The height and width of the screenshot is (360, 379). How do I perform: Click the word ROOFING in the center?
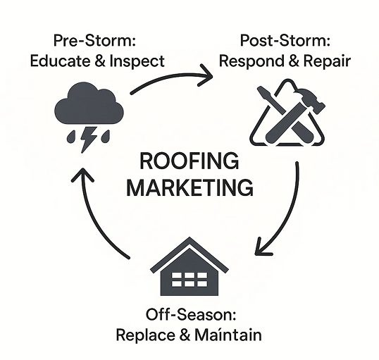[x=189, y=161]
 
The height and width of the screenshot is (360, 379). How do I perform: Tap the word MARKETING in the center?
[x=189, y=187]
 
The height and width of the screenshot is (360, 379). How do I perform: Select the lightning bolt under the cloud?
[x=88, y=139]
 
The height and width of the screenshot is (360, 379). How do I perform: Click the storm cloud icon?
[x=89, y=104]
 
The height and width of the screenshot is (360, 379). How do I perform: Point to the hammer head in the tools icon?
[x=311, y=100]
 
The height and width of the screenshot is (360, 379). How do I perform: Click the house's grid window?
[x=189, y=279]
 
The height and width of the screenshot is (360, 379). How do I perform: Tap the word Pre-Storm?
[x=94, y=40]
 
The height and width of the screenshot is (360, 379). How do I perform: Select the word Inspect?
[x=137, y=61]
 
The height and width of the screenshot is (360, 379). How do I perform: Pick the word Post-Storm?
[x=285, y=40]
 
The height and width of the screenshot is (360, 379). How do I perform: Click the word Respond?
[x=251, y=61]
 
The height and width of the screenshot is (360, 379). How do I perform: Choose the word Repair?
[x=327, y=61]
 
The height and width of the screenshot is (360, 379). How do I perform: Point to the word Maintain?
[x=228, y=335]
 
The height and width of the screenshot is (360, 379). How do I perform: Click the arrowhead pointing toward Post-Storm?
[x=207, y=75]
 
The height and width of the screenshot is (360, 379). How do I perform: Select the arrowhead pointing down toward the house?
[x=261, y=248]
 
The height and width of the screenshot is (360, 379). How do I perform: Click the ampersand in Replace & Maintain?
[x=185, y=335]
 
